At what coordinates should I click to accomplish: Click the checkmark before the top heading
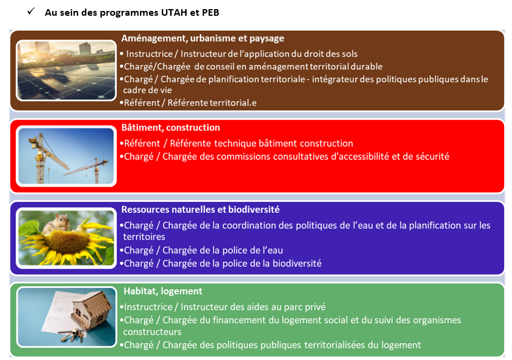(31, 12)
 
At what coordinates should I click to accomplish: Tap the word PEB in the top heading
(211, 12)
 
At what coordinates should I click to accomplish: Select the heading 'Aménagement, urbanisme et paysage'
(203, 38)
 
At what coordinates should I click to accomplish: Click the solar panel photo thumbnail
(66, 70)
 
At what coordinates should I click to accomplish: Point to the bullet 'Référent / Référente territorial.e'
(188, 102)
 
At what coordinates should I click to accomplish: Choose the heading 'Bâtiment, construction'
(170, 127)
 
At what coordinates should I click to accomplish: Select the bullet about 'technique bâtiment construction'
(236, 144)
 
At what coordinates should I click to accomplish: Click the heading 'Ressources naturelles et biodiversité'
(201, 210)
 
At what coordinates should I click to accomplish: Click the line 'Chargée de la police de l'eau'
(201, 250)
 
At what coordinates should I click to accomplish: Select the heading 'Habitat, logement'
(163, 291)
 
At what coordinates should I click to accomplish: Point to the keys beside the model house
(73, 335)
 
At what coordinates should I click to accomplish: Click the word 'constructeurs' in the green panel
(152, 332)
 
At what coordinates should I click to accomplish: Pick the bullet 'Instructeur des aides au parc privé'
(223, 307)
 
